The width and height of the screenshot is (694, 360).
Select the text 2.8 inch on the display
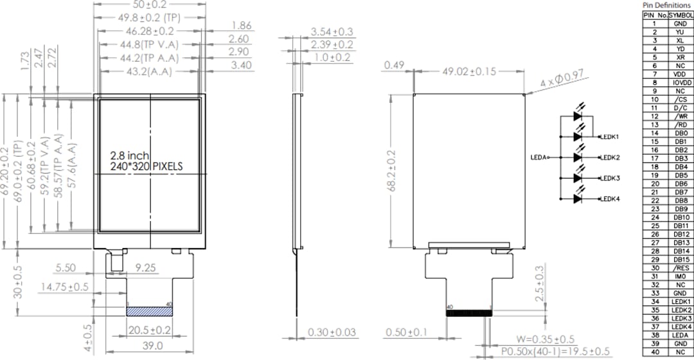(130, 156)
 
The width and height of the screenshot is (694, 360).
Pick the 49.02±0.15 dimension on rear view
(469, 71)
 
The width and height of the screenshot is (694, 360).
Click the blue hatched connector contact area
(150, 311)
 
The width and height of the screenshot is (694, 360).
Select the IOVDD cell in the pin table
(680, 82)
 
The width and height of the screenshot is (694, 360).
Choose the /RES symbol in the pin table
(680, 268)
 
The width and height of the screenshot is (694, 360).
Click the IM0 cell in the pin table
(680, 276)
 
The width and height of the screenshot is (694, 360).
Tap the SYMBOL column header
(680, 15)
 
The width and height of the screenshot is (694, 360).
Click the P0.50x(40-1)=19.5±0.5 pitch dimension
(556, 351)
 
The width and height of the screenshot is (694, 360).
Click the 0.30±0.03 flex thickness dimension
(332, 332)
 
